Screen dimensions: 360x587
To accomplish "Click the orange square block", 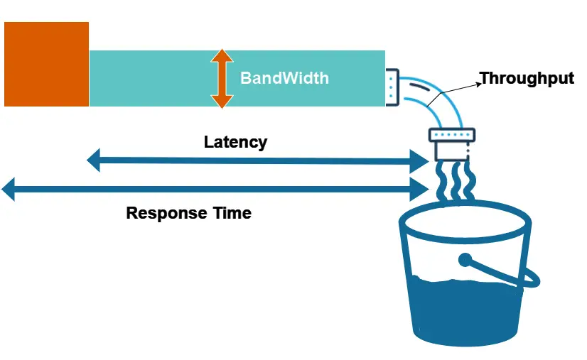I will click(x=47, y=64).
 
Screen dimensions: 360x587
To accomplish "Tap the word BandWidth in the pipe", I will click(x=284, y=78).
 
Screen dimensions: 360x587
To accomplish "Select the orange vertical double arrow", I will click(x=222, y=78).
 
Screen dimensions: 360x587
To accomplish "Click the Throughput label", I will click(x=527, y=78).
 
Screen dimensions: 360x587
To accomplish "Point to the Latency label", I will click(x=235, y=141).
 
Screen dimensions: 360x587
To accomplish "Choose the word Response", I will click(x=166, y=212).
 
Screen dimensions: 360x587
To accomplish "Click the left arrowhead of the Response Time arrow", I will click(x=9, y=190).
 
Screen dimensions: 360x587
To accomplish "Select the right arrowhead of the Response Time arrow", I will click(x=421, y=190).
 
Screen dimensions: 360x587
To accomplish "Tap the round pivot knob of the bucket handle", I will click(x=466, y=260).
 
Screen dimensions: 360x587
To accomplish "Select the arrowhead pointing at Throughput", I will click(x=478, y=80).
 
